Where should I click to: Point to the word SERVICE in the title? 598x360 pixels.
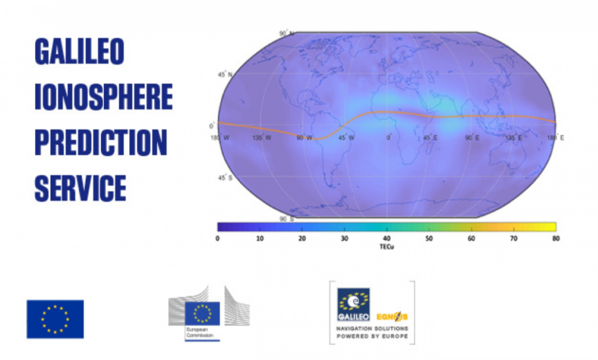pyautogui.click(x=80, y=188)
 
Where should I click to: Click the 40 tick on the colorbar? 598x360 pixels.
pyautogui.click(x=386, y=238)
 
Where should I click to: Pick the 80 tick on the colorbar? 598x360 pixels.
pyautogui.click(x=555, y=238)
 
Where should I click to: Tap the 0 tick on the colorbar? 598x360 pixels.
pyautogui.click(x=217, y=238)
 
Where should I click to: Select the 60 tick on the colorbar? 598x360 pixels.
pyautogui.click(x=471, y=238)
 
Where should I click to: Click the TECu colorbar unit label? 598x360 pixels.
pyautogui.click(x=386, y=247)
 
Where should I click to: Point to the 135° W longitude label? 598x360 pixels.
pyautogui.click(x=261, y=138)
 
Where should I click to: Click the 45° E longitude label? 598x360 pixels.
pyautogui.click(x=430, y=138)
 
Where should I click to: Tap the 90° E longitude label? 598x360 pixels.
pyautogui.click(x=472, y=138)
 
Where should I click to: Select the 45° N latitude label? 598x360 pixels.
pyautogui.click(x=225, y=75)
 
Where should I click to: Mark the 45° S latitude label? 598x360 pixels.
pyautogui.click(x=225, y=178)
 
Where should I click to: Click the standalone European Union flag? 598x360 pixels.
pyautogui.click(x=55, y=319)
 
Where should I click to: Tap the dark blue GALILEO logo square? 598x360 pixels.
pyautogui.click(x=353, y=303)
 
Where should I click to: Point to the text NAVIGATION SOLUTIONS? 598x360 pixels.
pyautogui.click(x=371, y=329)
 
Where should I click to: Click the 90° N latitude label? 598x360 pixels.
pyautogui.click(x=284, y=34)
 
